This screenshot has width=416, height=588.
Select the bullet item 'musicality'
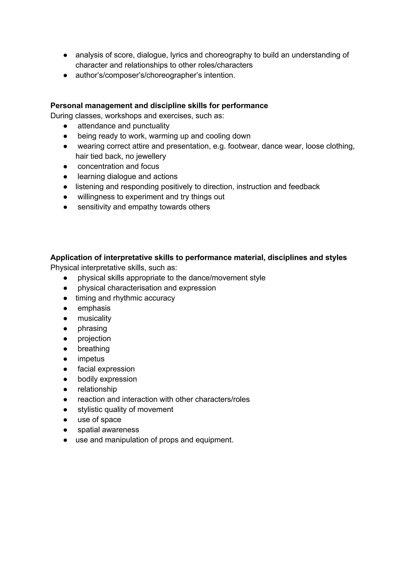tap(94, 318)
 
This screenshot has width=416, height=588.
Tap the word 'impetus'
tap(91, 359)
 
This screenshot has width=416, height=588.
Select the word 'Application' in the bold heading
tap(76, 258)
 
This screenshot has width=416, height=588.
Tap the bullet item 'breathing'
tap(93, 349)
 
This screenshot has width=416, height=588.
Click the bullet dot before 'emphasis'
tap(65, 308)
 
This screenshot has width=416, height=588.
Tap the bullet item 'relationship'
tap(97, 389)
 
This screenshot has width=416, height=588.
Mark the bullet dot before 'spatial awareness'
tap(65, 430)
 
